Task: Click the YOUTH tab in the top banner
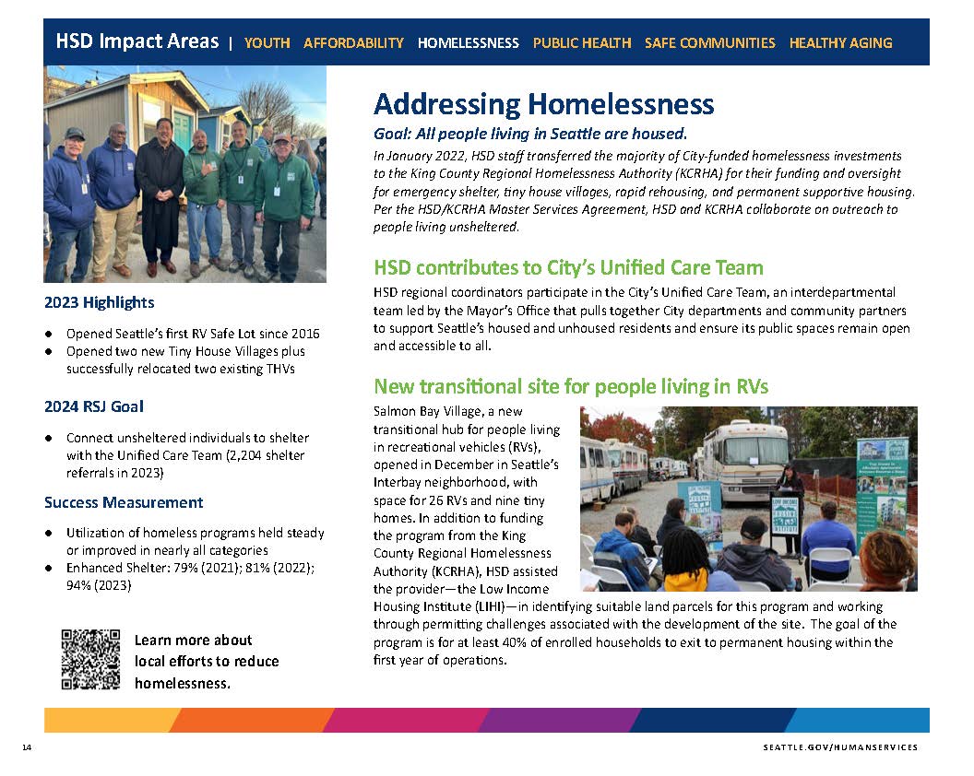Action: point(267,42)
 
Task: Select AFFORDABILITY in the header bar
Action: point(353,42)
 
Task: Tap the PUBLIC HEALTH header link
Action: point(582,42)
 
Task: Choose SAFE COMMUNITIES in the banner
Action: point(710,42)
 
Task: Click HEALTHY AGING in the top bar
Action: point(840,42)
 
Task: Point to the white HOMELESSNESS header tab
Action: point(469,42)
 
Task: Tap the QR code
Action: point(90,659)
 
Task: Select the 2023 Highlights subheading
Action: point(100,302)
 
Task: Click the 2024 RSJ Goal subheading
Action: point(94,406)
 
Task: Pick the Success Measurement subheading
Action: point(124,502)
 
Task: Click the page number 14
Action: point(28,747)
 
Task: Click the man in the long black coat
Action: point(160,198)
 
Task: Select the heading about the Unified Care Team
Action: point(568,268)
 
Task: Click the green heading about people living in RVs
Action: point(571,386)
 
